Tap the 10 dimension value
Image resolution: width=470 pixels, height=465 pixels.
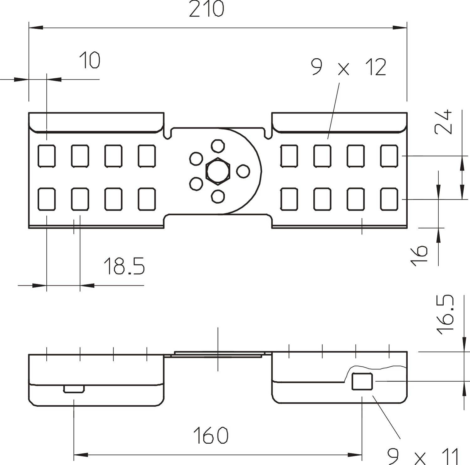pos(90,60)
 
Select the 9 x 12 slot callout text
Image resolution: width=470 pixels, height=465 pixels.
pos(348,67)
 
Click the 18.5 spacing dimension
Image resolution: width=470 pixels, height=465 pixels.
pos(124,266)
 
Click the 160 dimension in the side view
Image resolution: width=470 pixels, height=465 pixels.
pos(211,435)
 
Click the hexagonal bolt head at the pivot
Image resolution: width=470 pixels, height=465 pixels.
pos(218,171)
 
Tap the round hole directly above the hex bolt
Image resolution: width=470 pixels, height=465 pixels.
pos(218,146)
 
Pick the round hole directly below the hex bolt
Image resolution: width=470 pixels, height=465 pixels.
pos(218,196)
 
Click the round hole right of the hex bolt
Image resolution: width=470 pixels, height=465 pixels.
pos(243,171)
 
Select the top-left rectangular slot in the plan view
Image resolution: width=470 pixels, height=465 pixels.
pos(47,156)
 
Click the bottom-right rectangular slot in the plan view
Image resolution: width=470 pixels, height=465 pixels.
pos(389,199)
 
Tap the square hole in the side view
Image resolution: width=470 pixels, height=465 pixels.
pos(362,382)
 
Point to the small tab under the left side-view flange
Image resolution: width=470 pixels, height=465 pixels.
pos(74,389)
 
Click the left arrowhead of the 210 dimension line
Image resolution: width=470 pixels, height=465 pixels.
pos(36,28)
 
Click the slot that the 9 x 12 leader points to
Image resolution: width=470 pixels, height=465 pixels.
pos(322,156)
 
